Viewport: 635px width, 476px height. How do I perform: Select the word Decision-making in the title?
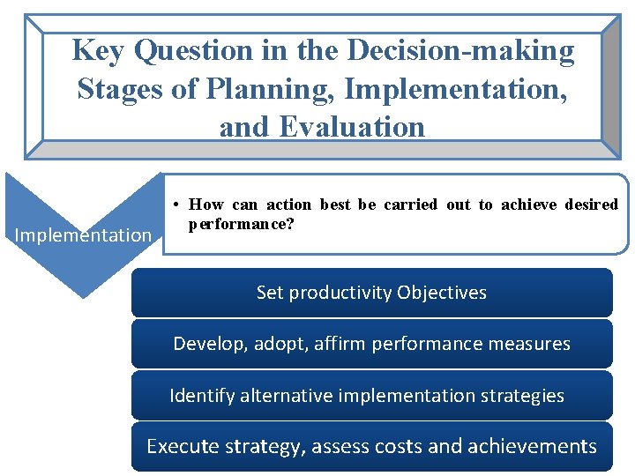[460, 51]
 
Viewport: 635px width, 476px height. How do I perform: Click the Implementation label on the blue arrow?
[84, 234]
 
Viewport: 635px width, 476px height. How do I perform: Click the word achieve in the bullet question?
[528, 205]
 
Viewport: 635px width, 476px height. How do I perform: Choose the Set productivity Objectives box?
[371, 293]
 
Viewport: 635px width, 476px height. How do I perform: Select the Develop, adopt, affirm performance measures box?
[371, 344]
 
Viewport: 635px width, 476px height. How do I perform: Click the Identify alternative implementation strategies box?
[371, 395]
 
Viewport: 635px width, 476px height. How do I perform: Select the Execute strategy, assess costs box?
[371, 446]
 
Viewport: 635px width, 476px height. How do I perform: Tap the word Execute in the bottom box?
[180, 446]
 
